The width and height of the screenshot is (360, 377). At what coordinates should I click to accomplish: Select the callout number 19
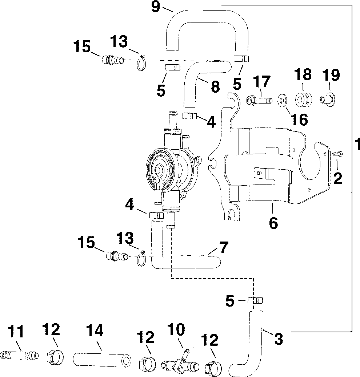(x=331, y=75)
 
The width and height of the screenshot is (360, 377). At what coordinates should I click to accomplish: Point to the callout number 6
(x=273, y=223)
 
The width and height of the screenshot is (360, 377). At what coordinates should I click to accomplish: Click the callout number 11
(x=16, y=332)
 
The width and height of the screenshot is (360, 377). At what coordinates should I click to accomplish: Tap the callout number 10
(x=176, y=329)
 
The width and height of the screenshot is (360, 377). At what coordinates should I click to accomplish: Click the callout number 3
(x=279, y=339)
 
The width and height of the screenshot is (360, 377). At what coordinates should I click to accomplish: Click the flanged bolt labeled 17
(x=259, y=100)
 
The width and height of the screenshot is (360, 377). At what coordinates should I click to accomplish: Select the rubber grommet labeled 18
(x=303, y=99)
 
